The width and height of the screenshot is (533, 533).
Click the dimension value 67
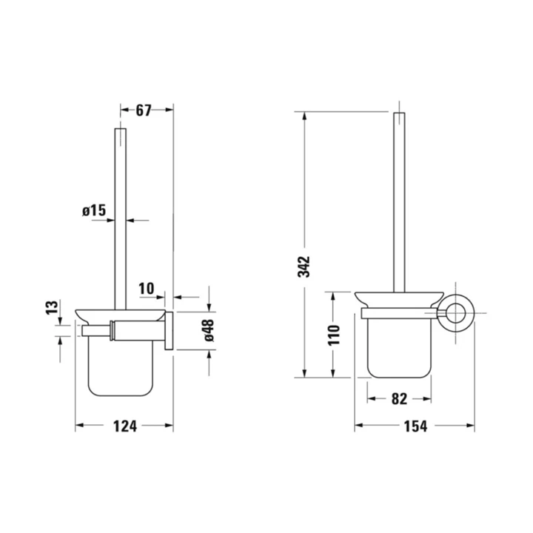144,110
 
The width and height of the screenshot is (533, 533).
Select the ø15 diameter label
95,211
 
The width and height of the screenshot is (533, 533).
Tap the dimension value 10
145,287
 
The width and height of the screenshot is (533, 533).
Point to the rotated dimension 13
51,308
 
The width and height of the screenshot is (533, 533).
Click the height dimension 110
334,334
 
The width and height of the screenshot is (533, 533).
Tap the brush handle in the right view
398,200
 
